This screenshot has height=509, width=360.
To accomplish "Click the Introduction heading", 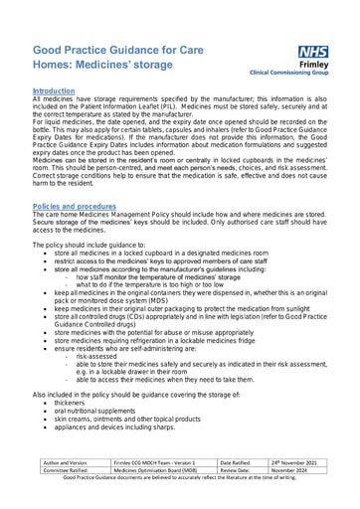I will pos(54,90).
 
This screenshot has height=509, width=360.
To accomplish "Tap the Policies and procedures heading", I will pos(75,206).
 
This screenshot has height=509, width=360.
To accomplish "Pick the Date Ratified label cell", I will pos(241,462).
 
